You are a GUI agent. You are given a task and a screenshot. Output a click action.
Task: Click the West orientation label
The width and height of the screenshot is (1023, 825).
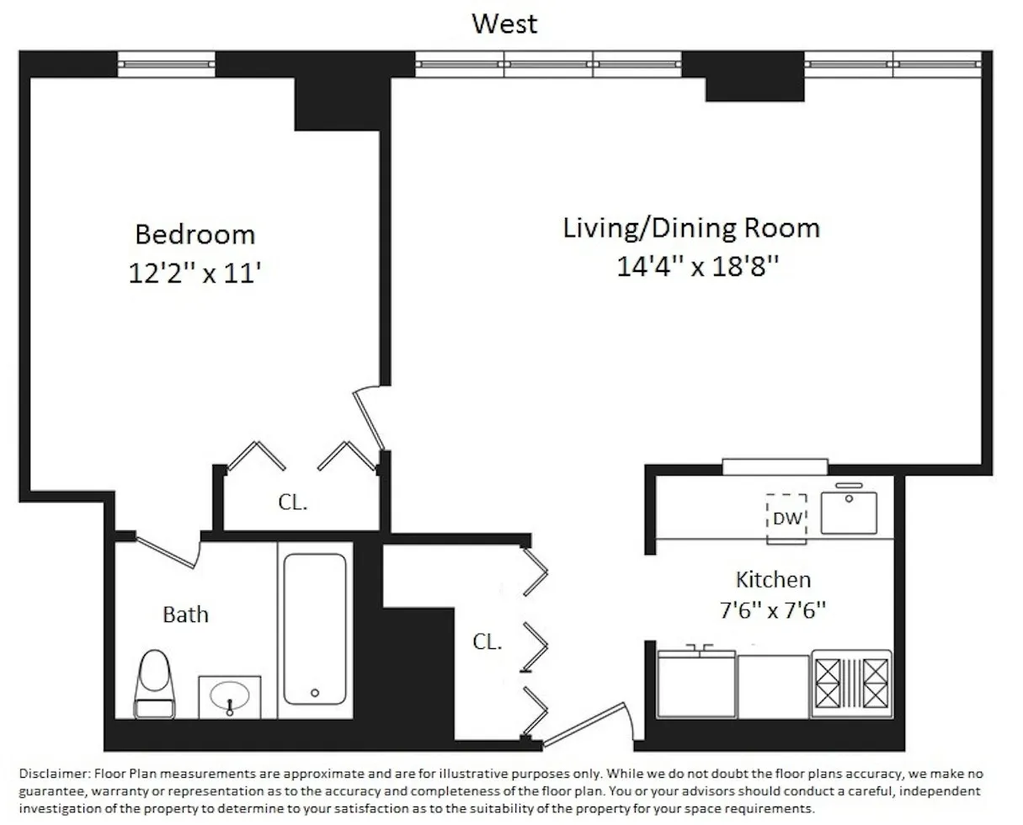coord(504,24)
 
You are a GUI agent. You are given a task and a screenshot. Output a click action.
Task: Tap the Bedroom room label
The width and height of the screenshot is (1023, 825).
coord(194,233)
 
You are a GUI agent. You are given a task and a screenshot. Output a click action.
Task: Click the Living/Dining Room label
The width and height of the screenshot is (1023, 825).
coord(690,228)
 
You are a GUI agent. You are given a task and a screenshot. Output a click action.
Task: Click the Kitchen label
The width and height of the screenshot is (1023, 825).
coord(773,579)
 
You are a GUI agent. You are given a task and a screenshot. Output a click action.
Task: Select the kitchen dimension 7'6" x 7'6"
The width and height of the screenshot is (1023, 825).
coord(773,609)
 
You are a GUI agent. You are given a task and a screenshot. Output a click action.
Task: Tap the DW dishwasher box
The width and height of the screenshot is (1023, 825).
coord(787,517)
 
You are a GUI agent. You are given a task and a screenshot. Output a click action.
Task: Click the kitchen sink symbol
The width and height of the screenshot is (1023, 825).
coord(849,512)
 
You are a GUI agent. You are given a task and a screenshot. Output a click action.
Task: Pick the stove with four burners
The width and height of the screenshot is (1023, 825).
coord(851,684)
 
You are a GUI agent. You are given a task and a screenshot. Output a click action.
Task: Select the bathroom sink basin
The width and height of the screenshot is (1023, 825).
coord(230,696)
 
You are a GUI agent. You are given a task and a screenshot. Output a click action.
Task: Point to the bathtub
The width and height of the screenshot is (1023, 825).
coord(314,628)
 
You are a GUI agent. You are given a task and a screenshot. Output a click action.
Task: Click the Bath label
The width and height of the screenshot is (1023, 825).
coord(185,615)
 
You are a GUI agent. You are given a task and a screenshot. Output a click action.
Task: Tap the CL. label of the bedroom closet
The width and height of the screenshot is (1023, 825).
coord(293,503)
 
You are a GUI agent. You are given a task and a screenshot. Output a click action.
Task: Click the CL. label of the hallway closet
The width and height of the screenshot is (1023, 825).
coord(487,642)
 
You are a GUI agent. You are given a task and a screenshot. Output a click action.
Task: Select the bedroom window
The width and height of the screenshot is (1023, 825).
coord(166,64)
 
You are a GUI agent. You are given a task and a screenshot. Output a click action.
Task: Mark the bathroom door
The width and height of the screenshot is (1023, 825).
coord(167,551)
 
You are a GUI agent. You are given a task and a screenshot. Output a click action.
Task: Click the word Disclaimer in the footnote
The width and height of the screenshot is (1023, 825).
coord(52,773)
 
